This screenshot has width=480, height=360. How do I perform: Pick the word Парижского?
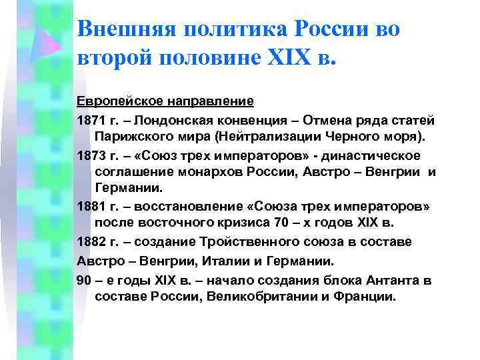click(133, 137)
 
